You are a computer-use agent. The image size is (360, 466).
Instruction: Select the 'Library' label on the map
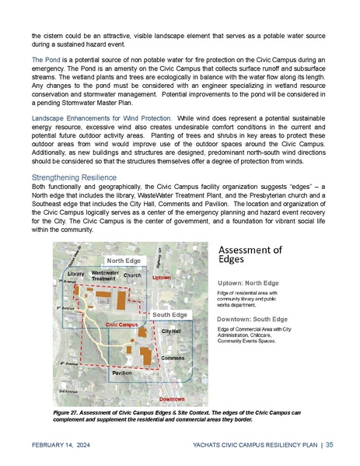[x=75, y=275]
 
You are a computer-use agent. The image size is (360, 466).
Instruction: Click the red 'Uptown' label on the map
[x=161, y=277]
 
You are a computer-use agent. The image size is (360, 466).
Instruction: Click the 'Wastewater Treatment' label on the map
[x=104, y=276]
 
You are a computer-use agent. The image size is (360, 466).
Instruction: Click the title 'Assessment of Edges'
[x=248, y=254]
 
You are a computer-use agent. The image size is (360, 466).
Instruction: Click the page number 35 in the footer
[x=330, y=444]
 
